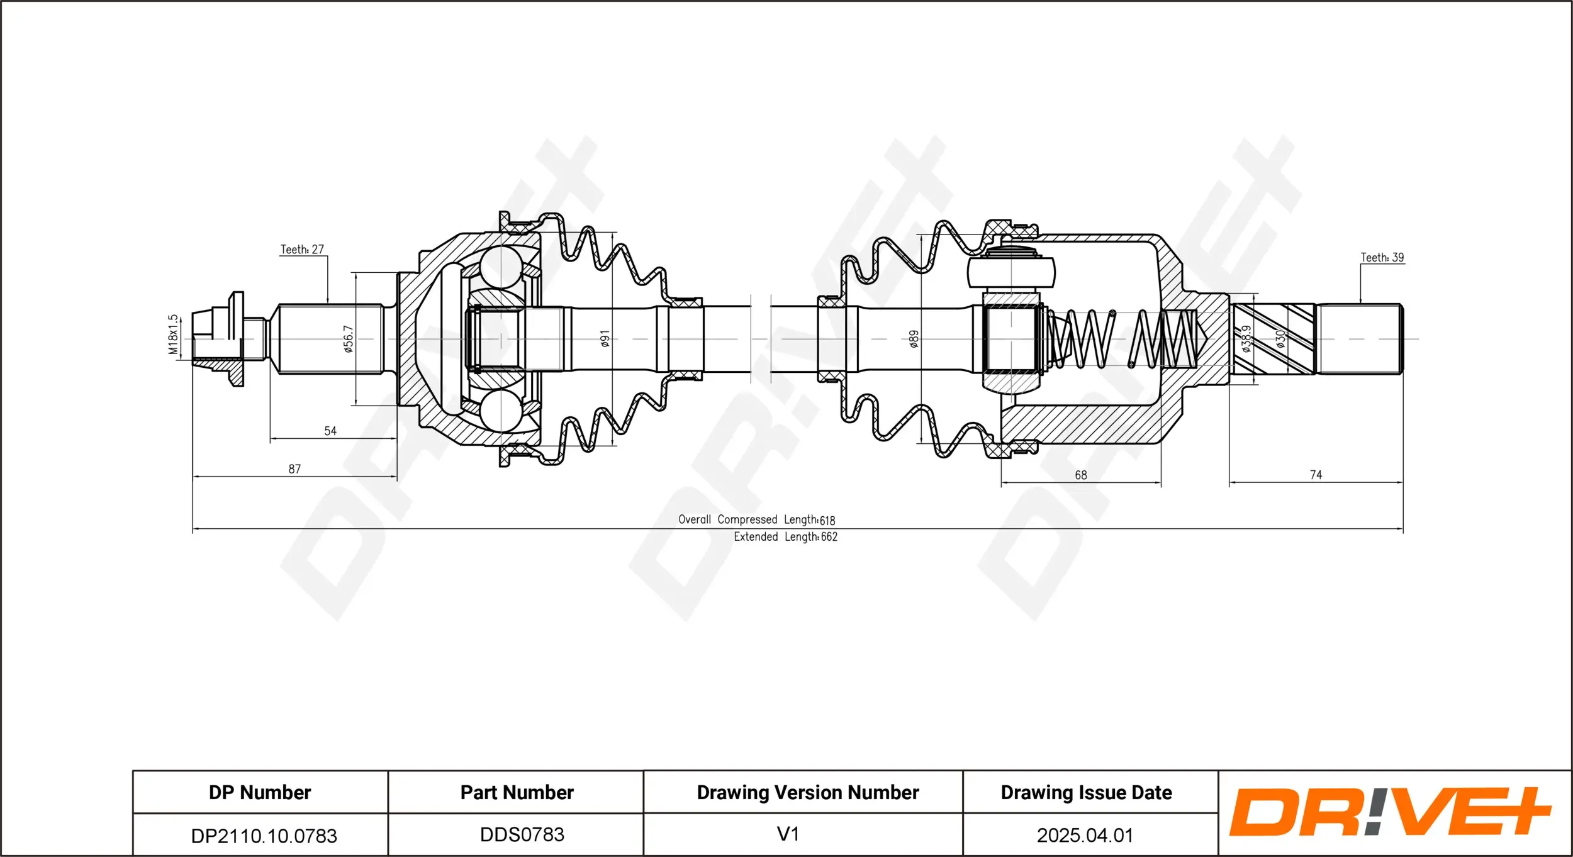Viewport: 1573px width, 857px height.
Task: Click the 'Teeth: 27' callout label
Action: click(x=302, y=250)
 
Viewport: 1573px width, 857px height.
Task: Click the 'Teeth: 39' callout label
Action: click(x=1382, y=258)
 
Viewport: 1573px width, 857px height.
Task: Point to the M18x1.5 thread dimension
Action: click(x=174, y=335)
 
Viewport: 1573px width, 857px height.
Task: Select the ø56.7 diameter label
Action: click(x=348, y=339)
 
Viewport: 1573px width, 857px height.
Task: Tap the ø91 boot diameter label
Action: click(x=605, y=339)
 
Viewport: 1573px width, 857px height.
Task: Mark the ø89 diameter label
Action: click(x=914, y=339)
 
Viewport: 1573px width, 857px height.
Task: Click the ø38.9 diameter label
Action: click(x=1246, y=339)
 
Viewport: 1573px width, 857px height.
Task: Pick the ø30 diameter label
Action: click(x=1280, y=339)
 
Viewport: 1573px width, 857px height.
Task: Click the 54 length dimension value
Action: click(x=330, y=431)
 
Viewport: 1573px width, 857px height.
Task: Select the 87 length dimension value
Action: click(x=294, y=469)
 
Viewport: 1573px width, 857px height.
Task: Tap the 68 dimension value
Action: click(x=1081, y=475)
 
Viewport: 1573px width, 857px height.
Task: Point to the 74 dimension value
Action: click(x=1316, y=475)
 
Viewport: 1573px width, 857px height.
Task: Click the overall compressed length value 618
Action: click(x=827, y=521)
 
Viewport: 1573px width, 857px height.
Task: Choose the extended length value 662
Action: click(x=829, y=537)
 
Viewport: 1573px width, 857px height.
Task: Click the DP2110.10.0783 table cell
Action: click(x=264, y=836)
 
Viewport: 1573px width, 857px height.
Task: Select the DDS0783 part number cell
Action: click(x=522, y=834)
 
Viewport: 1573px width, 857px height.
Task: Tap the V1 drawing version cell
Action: click(x=788, y=834)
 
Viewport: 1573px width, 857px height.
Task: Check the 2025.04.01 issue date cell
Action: click(x=1085, y=835)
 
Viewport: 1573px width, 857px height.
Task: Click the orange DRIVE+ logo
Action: click(x=1390, y=812)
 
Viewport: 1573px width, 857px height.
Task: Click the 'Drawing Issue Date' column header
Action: click(x=1086, y=792)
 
